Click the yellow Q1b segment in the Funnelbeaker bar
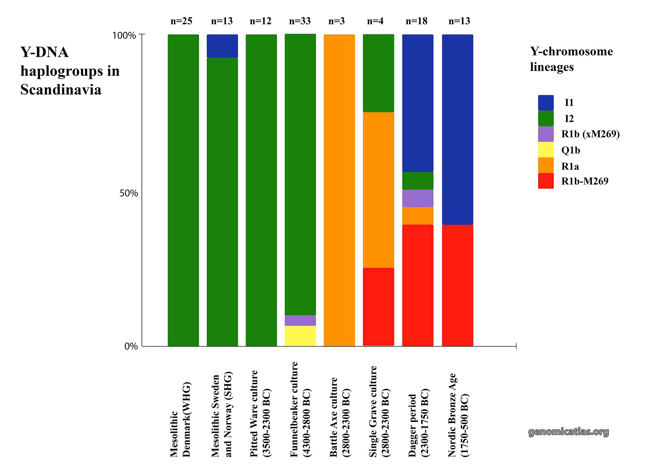(300, 335)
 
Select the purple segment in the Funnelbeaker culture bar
(300, 320)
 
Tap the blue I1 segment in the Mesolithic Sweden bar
(222, 46)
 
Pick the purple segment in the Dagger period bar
(418, 198)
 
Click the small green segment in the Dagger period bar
(418, 181)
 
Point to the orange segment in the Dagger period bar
(418, 215)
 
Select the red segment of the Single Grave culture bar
(378, 307)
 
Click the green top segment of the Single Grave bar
(378, 73)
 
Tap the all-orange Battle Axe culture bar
(339, 190)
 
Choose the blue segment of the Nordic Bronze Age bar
(457, 129)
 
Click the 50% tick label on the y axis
(128, 193)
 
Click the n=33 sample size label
(300, 21)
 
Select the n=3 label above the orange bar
(336, 21)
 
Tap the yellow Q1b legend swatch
(546, 150)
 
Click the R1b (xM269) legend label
(590, 134)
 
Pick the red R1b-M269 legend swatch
(546, 181)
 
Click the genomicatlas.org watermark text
(569, 432)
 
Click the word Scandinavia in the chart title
(61, 90)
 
